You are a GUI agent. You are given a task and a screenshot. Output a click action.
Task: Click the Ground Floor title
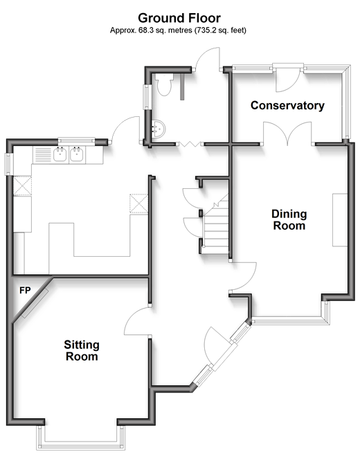pyautogui.click(x=179, y=18)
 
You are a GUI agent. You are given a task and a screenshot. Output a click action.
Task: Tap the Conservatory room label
pyautogui.click(x=287, y=105)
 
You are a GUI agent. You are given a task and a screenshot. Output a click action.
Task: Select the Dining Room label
pyautogui.click(x=289, y=220)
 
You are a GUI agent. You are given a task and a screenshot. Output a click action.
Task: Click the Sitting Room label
pyautogui.click(x=82, y=350)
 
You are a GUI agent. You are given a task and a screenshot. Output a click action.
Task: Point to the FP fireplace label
pyautogui.click(x=25, y=290)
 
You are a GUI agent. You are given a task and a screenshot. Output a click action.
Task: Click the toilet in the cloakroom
pyautogui.click(x=164, y=84)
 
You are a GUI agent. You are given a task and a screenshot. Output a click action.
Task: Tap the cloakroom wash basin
pyautogui.click(x=158, y=129)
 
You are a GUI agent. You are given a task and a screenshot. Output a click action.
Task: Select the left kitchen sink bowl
pyautogui.click(x=60, y=154)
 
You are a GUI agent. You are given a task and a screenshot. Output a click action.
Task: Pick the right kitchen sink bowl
pyautogui.click(x=77, y=154)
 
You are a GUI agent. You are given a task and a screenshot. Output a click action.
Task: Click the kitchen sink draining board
pyautogui.click(x=42, y=154)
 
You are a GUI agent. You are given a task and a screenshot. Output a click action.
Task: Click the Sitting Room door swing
pyautogui.click(x=136, y=321)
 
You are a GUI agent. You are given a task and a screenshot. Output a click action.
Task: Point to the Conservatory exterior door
pyautogui.click(x=287, y=78)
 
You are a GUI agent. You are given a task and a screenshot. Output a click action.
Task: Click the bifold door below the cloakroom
pyautogui.click(x=190, y=144)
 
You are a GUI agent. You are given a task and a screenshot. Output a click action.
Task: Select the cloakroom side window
pyautogui.click(x=147, y=97)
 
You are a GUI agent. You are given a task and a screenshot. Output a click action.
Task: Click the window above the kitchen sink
pyautogui.click(x=76, y=141)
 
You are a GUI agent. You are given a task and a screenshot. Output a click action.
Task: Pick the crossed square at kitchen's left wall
pyautogui.click(x=23, y=186)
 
